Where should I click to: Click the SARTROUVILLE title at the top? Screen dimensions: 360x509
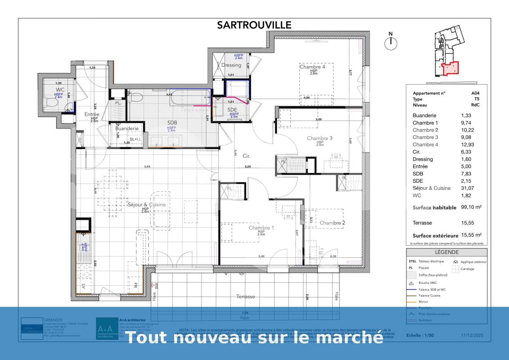click(x=254, y=25)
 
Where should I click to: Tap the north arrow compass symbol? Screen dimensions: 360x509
click(x=391, y=42)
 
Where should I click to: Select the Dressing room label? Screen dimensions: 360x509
click(x=231, y=65)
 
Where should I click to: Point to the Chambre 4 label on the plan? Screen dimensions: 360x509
click(x=312, y=67)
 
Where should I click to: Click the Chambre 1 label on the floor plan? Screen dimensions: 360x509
click(x=261, y=228)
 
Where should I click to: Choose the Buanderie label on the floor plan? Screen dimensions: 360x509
click(x=127, y=128)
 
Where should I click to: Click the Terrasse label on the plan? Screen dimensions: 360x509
click(x=246, y=297)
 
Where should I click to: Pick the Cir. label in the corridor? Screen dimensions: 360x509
click(x=246, y=156)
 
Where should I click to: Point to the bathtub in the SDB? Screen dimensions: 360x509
click(x=191, y=98)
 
